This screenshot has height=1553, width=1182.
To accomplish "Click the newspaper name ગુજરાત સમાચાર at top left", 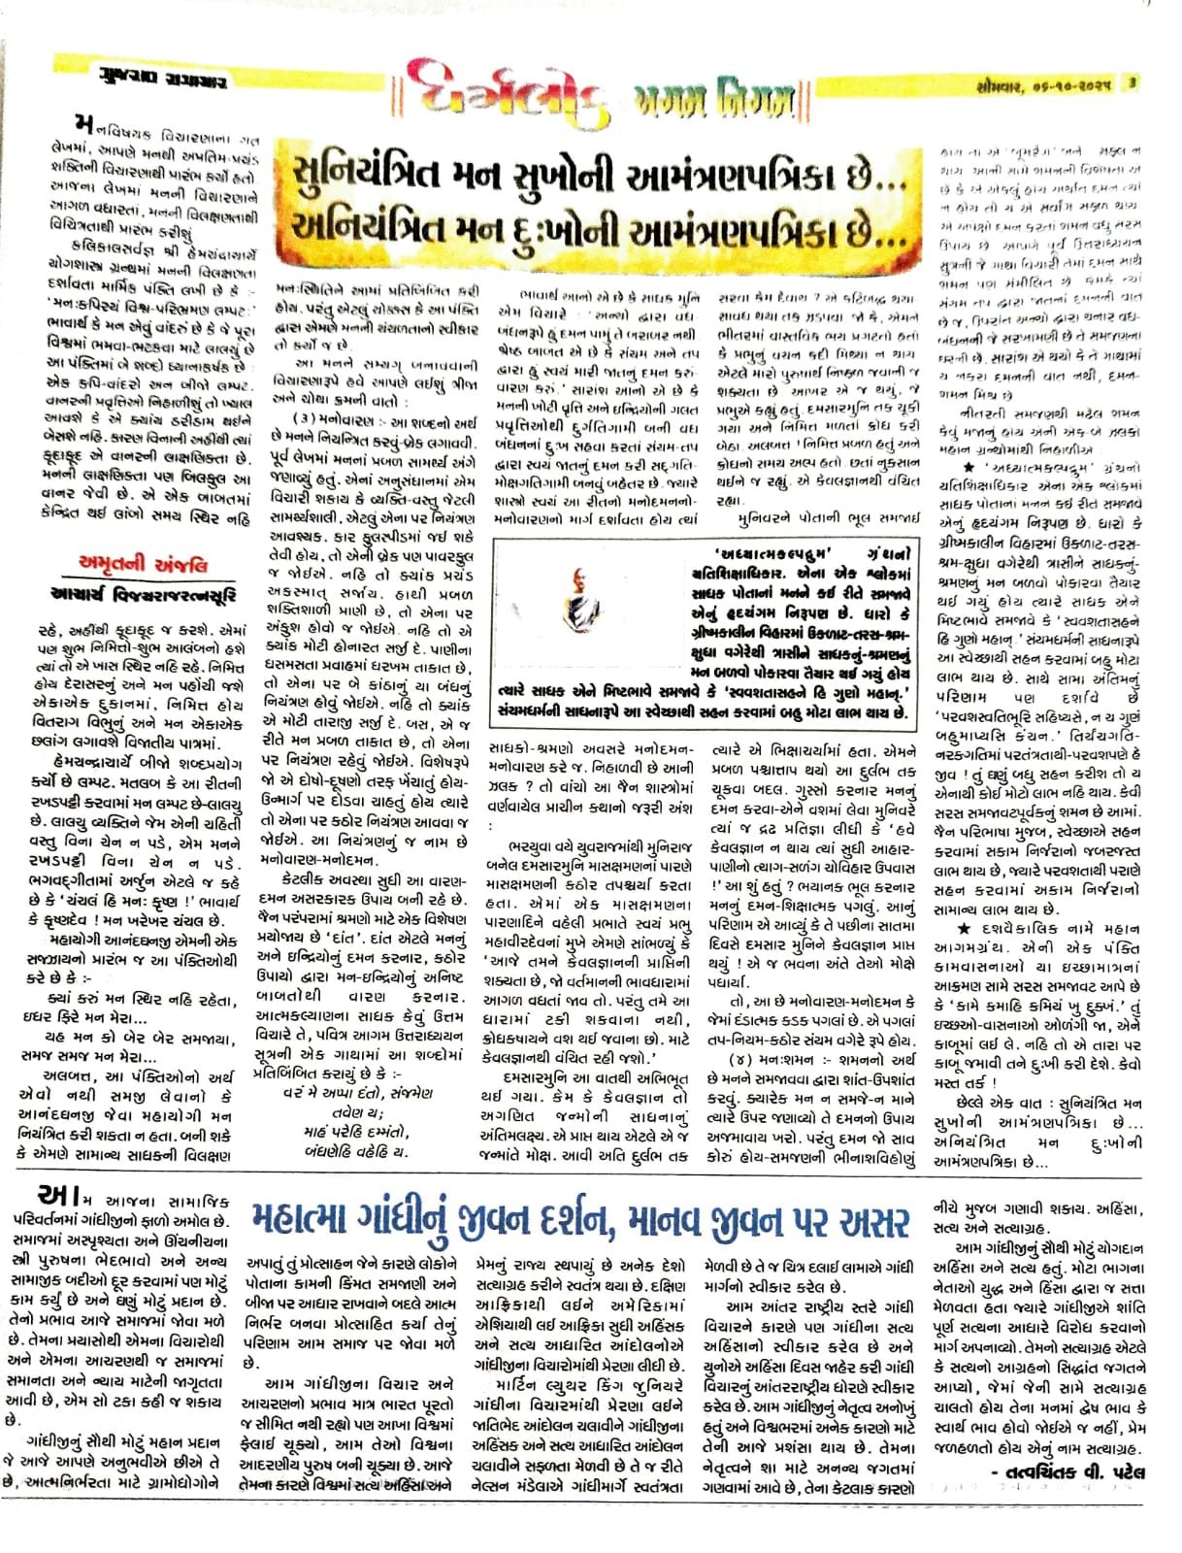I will (145, 83).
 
